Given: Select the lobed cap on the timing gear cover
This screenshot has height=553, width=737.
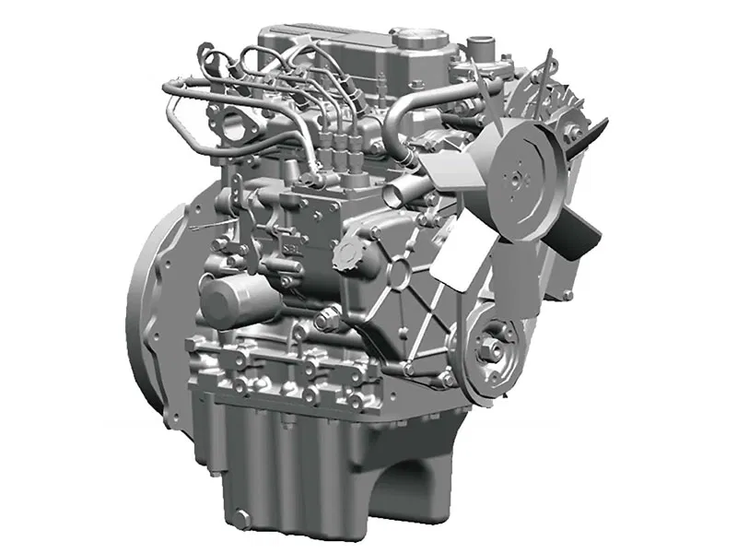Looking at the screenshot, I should tap(355, 253).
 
